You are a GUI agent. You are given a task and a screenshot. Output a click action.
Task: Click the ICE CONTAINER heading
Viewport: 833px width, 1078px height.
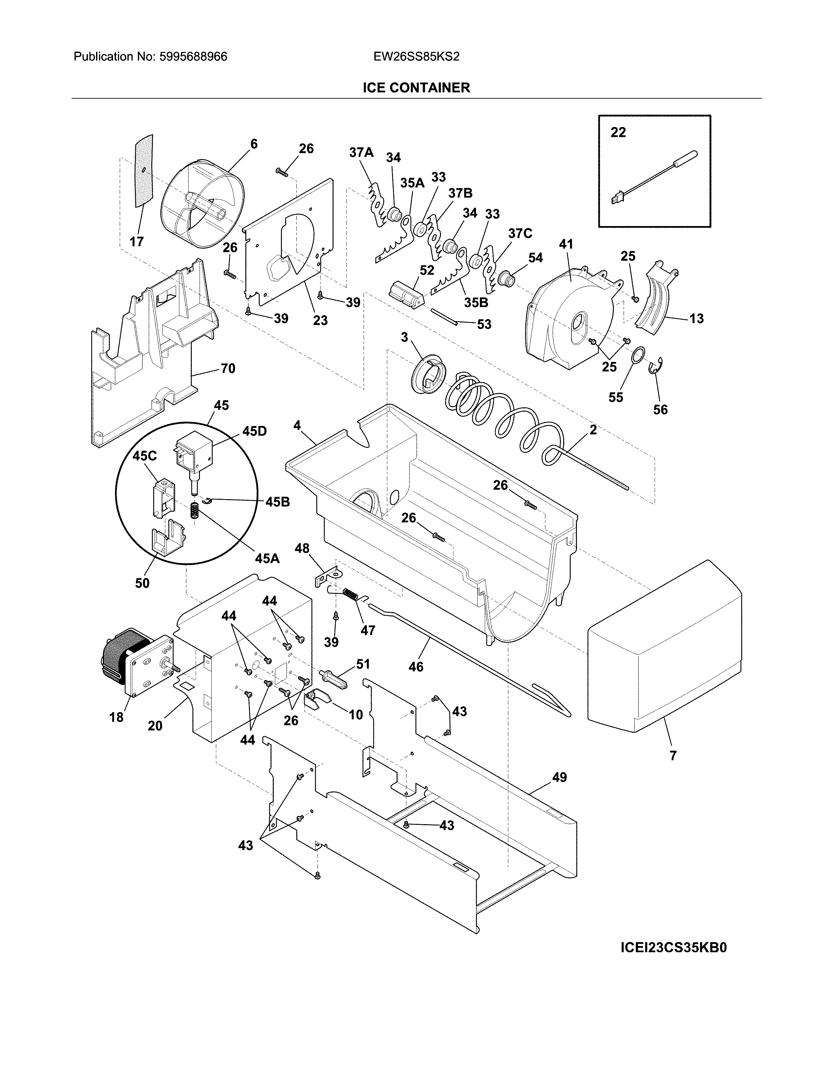(x=416, y=88)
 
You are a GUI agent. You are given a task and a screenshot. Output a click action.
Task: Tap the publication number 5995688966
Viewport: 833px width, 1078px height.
(x=193, y=57)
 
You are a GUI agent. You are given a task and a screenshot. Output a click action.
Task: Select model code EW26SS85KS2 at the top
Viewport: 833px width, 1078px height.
(x=416, y=57)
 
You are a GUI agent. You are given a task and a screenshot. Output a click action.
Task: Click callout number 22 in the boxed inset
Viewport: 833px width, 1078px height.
(x=618, y=132)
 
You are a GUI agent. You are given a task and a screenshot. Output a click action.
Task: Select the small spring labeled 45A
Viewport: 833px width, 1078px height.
(x=195, y=510)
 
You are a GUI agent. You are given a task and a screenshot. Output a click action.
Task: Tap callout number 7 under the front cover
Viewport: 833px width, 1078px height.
(x=673, y=755)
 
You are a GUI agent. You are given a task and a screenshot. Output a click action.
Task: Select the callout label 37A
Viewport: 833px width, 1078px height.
(x=361, y=153)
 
